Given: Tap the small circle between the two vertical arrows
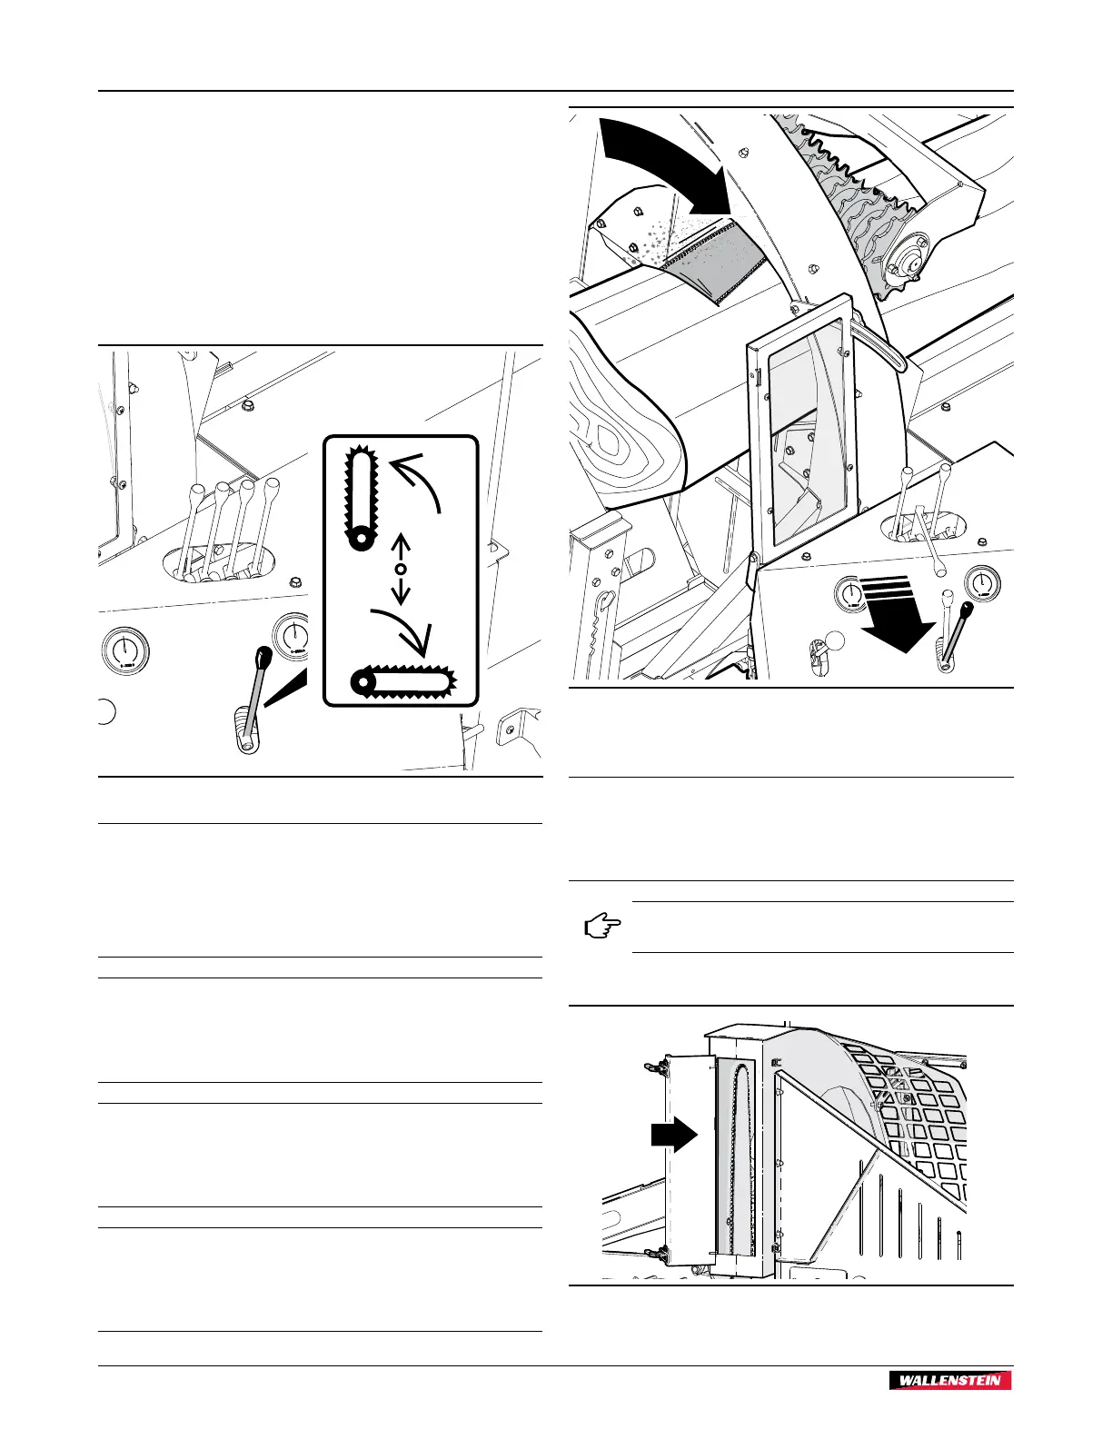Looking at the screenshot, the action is click(400, 569).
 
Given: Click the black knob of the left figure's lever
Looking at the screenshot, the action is click(264, 656).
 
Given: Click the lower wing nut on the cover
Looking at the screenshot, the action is click(652, 1254).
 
